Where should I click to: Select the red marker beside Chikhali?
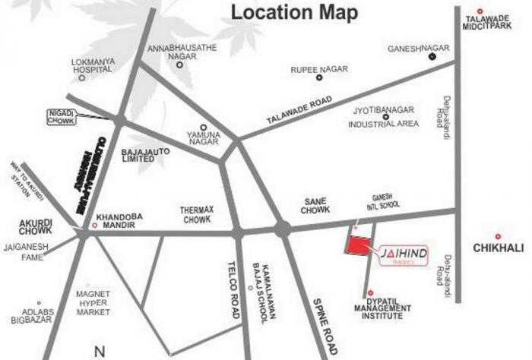[x=498, y=236]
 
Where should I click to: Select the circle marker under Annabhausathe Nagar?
[x=180, y=65]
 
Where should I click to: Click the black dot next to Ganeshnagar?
[x=431, y=56]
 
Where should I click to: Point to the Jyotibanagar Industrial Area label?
[x=384, y=116]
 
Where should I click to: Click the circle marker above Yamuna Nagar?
[x=203, y=127]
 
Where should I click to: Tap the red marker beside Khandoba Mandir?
[x=94, y=225]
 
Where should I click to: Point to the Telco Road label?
[x=233, y=279]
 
